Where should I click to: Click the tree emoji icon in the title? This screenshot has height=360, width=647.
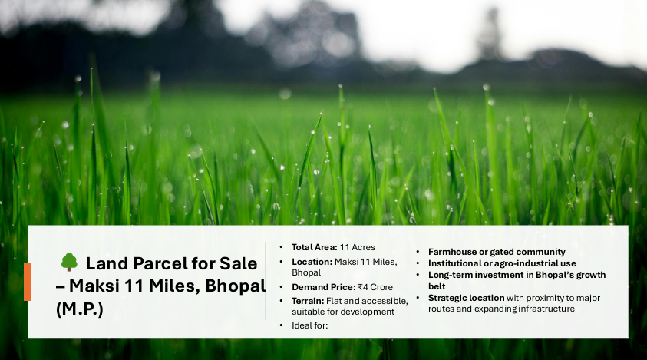point(69,263)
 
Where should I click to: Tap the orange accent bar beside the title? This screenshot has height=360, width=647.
point(28,282)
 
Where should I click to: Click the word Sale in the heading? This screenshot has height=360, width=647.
point(238,263)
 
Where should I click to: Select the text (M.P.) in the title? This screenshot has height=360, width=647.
point(79,309)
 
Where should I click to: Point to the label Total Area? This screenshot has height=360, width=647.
point(315,247)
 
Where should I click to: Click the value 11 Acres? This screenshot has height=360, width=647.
point(358,247)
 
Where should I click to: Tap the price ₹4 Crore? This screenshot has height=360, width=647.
point(375,287)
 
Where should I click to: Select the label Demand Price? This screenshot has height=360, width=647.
point(324,287)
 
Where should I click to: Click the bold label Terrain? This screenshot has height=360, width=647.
point(308,301)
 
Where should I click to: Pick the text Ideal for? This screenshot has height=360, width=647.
point(310,325)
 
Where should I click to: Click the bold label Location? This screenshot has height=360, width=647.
point(312,262)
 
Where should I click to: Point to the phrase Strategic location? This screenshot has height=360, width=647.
point(467,298)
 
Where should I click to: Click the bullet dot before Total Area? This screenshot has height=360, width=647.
point(281,247)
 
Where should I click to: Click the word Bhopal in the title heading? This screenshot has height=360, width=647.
point(235,286)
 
